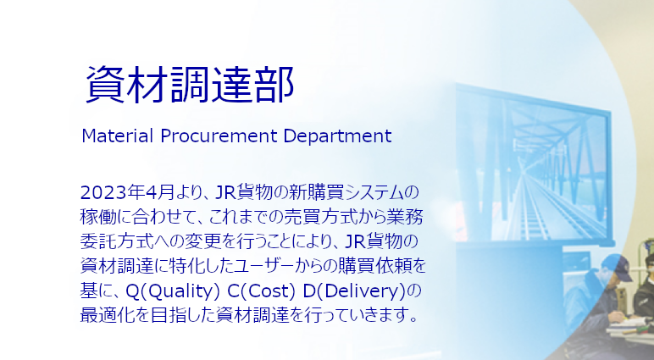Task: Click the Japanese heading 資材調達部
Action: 191,85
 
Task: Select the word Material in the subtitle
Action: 117,136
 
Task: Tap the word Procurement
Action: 219,136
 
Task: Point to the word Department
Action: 337,136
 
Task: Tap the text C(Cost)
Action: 261,291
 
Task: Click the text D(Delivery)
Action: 354,291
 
